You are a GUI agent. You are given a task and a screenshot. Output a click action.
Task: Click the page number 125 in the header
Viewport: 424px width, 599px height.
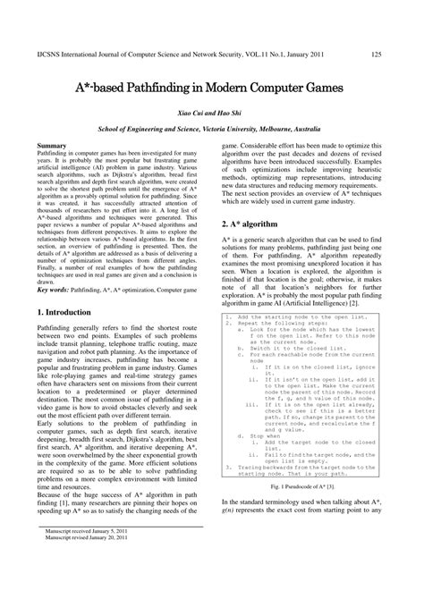377,55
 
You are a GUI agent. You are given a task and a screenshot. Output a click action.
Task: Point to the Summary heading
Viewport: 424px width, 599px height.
56,145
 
